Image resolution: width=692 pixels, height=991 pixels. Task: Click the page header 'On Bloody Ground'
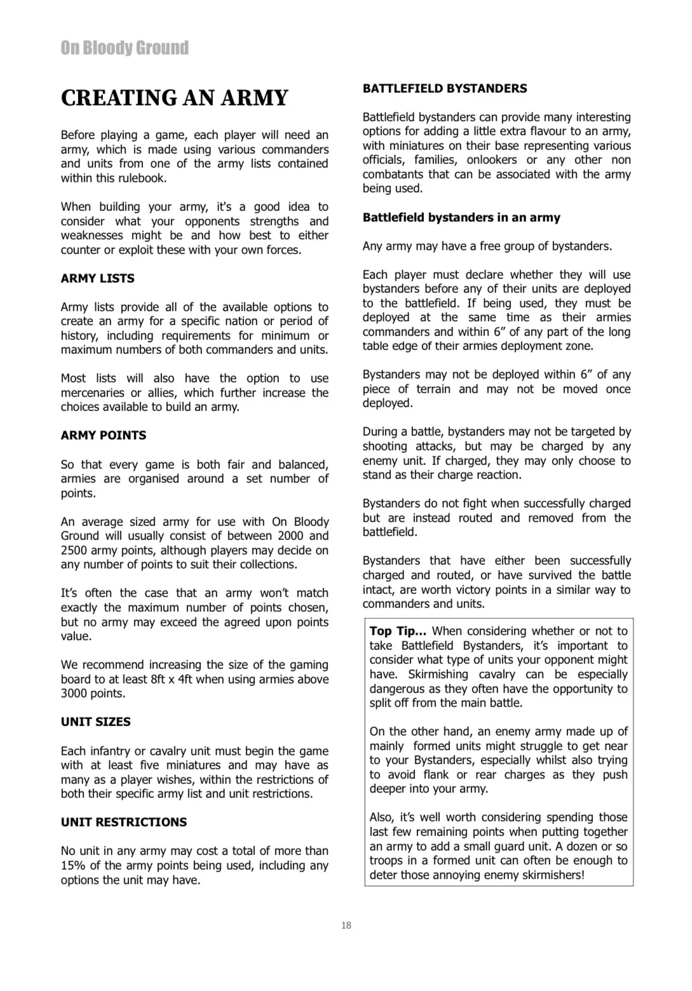[x=125, y=48]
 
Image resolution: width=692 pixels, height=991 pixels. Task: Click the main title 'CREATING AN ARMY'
[x=175, y=98]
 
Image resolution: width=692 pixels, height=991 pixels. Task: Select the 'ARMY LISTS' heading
[x=97, y=278]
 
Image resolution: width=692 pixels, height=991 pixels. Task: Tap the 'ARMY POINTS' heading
[x=104, y=435]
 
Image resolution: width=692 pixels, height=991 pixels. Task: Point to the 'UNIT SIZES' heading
[x=96, y=722]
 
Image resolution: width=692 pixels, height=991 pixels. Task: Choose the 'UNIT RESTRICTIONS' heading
[x=124, y=822]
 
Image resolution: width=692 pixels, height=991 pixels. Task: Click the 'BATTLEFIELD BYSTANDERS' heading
[x=445, y=88]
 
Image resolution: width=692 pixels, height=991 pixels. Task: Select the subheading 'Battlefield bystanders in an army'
[x=461, y=217]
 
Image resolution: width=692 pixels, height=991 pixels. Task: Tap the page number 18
[x=346, y=926]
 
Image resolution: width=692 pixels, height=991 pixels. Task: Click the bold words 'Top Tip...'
[x=398, y=631]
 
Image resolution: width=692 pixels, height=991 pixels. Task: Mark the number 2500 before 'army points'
[x=74, y=550]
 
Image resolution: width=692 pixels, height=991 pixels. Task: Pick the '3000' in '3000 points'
[x=74, y=693]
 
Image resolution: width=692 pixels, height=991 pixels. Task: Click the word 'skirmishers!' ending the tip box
[x=552, y=875]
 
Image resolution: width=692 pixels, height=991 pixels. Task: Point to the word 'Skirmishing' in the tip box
[x=438, y=674]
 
